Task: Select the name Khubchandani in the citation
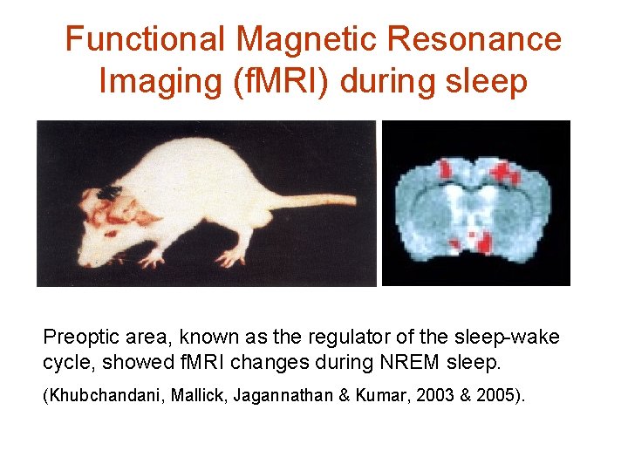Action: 96,396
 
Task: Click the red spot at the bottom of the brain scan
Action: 474,236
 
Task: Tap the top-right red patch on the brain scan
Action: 503,172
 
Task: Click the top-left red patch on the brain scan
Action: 448,167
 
